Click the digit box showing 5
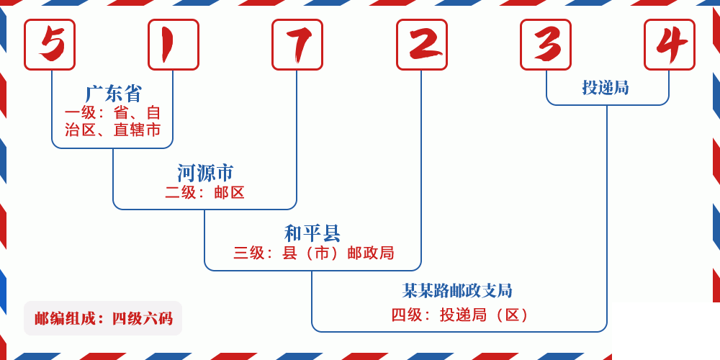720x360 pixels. pyautogui.click(x=50, y=45)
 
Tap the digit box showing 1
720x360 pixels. pyautogui.click(x=174, y=45)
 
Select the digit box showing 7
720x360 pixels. pyautogui.click(x=297, y=45)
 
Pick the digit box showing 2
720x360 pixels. pyautogui.click(x=422, y=45)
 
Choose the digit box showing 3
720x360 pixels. pyautogui.click(x=546, y=45)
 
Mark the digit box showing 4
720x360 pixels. pyautogui.click(x=670, y=45)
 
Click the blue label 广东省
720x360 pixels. pyautogui.click(x=113, y=94)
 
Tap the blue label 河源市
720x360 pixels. pyautogui.click(x=205, y=173)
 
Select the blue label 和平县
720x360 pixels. pyautogui.click(x=312, y=233)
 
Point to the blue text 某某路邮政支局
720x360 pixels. pyautogui.click(x=457, y=291)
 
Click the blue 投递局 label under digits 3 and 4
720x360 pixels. pyautogui.click(x=606, y=88)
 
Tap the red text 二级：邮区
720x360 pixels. pyautogui.click(x=205, y=193)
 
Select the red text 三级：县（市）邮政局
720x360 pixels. pyautogui.click(x=313, y=253)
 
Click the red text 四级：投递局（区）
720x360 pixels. pyautogui.click(x=460, y=315)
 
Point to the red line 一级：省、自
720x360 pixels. pyautogui.click(x=113, y=113)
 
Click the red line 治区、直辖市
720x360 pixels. pyautogui.click(x=113, y=130)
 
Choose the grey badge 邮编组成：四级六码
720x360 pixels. pyautogui.click(x=103, y=318)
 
